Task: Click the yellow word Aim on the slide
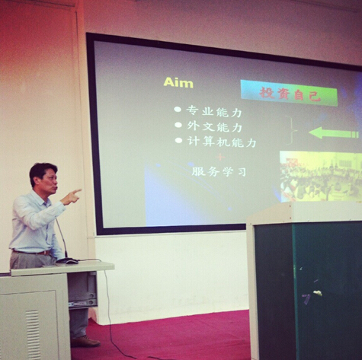[178, 83]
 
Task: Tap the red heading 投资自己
[290, 94]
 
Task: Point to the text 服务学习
[219, 171]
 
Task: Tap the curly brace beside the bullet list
[291, 130]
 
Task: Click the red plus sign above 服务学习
[220, 158]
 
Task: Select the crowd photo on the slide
[321, 177]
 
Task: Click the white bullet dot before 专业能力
[178, 110]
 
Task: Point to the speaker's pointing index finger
[77, 191]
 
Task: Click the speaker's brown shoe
[85, 342]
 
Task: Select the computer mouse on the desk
[72, 262]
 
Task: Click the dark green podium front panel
[308, 292]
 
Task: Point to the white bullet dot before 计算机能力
[179, 140]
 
